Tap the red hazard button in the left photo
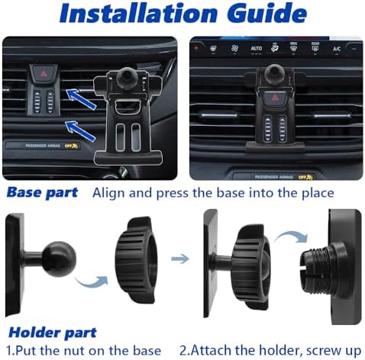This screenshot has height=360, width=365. (x=41, y=74)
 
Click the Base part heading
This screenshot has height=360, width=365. (x=43, y=192)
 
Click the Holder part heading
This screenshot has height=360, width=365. (x=52, y=333)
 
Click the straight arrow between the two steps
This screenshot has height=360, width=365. (x=180, y=259)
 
